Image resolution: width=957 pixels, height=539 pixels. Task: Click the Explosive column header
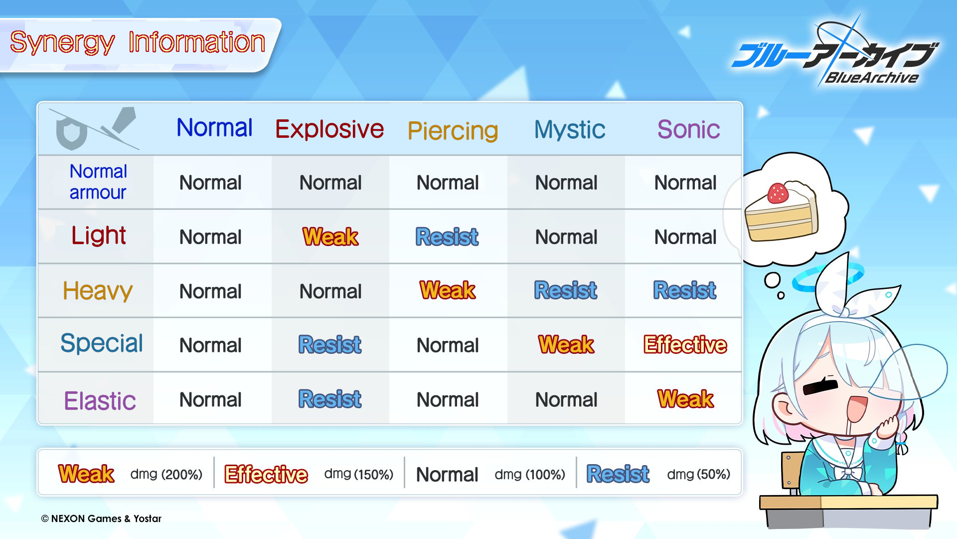pyautogui.click(x=329, y=129)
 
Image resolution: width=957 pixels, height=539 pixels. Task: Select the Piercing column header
pyautogui.click(x=453, y=131)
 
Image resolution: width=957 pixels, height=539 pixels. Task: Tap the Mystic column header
pyautogui.click(x=570, y=130)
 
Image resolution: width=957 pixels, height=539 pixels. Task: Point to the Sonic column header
pyautogui.click(x=688, y=129)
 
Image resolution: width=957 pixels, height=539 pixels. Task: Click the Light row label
pyautogui.click(x=99, y=235)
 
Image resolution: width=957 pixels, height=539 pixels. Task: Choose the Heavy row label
pyautogui.click(x=98, y=290)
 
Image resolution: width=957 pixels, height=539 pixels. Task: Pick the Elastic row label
pyautogui.click(x=100, y=401)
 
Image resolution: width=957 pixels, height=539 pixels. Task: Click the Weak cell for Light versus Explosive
pyautogui.click(x=330, y=237)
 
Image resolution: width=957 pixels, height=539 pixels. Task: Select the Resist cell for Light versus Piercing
pyautogui.click(x=447, y=237)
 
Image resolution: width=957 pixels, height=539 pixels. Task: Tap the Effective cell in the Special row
pyautogui.click(x=685, y=345)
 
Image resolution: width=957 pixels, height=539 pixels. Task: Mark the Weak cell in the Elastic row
pyautogui.click(x=686, y=399)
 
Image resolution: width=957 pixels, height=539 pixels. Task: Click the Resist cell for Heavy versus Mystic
pyautogui.click(x=566, y=290)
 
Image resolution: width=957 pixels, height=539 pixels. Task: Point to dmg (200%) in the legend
pyautogui.click(x=166, y=474)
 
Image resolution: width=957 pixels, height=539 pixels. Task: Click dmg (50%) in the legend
pyautogui.click(x=698, y=474)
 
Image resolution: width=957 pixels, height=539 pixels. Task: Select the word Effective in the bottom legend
pyautogui.click(x=266, y=474)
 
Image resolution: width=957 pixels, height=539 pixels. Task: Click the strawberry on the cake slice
pyautogui.click(x=778, y=193)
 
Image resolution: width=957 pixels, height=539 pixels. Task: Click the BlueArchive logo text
pyautogui.click(x=872, y=78)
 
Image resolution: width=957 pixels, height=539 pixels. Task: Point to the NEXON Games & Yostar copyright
pyautogui.click(x=101, y=519)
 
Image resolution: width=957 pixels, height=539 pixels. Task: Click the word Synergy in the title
pyautogui.click(x=62, y=43)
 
